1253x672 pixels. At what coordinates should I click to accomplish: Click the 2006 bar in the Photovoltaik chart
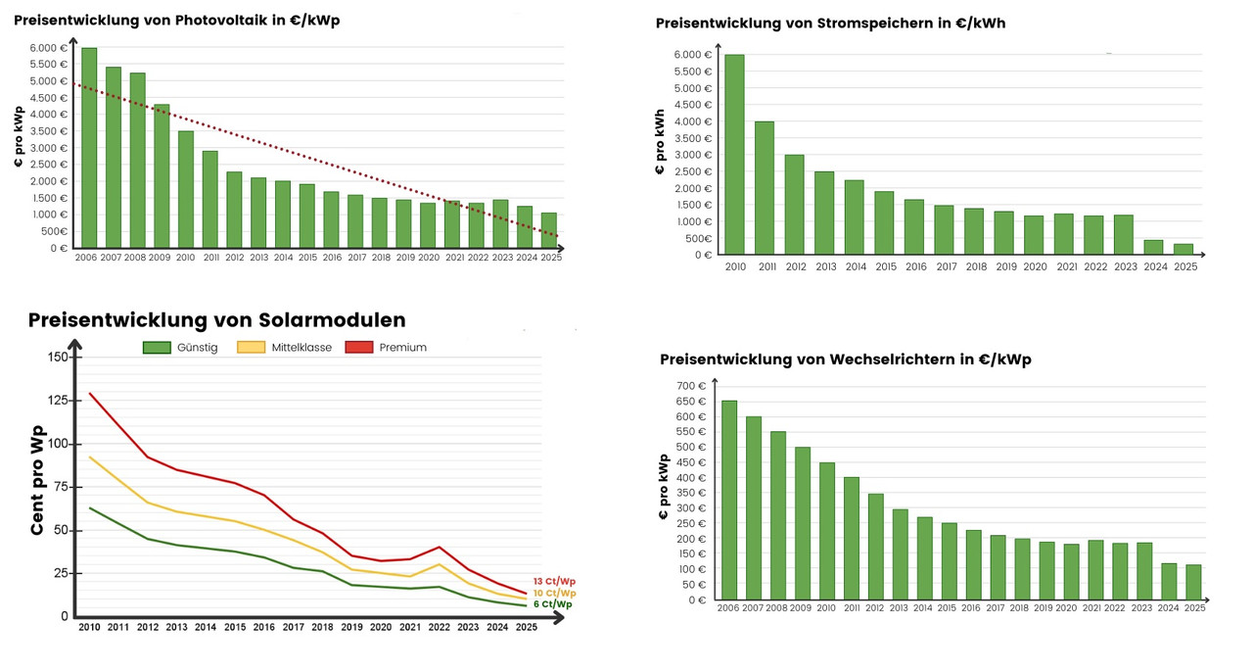tap(89, 147)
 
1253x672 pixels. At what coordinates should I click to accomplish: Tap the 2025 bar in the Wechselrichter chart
tap(1193, 582)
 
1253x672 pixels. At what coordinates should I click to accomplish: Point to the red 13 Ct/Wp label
tap(554, 581)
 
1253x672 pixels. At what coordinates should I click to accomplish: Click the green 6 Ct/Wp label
tap(553, 604)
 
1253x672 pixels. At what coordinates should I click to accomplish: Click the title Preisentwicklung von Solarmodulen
tap(216, 320)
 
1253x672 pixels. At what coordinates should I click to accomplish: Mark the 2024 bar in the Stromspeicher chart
tap(1155, 247)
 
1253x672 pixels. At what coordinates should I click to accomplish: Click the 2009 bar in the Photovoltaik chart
tap(162, 176)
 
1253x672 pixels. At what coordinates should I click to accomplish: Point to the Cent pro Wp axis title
tap(37, 480)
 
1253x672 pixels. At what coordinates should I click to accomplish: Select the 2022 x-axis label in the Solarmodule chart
tap(440, 627)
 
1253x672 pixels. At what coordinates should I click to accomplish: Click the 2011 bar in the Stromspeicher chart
tap(764, 188)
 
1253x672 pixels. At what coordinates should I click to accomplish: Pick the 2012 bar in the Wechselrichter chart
tap(875, 547)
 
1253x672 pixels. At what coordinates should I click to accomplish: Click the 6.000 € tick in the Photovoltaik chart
tap(49, 48)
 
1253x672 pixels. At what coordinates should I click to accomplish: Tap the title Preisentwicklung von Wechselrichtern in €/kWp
tap(846, 360)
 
